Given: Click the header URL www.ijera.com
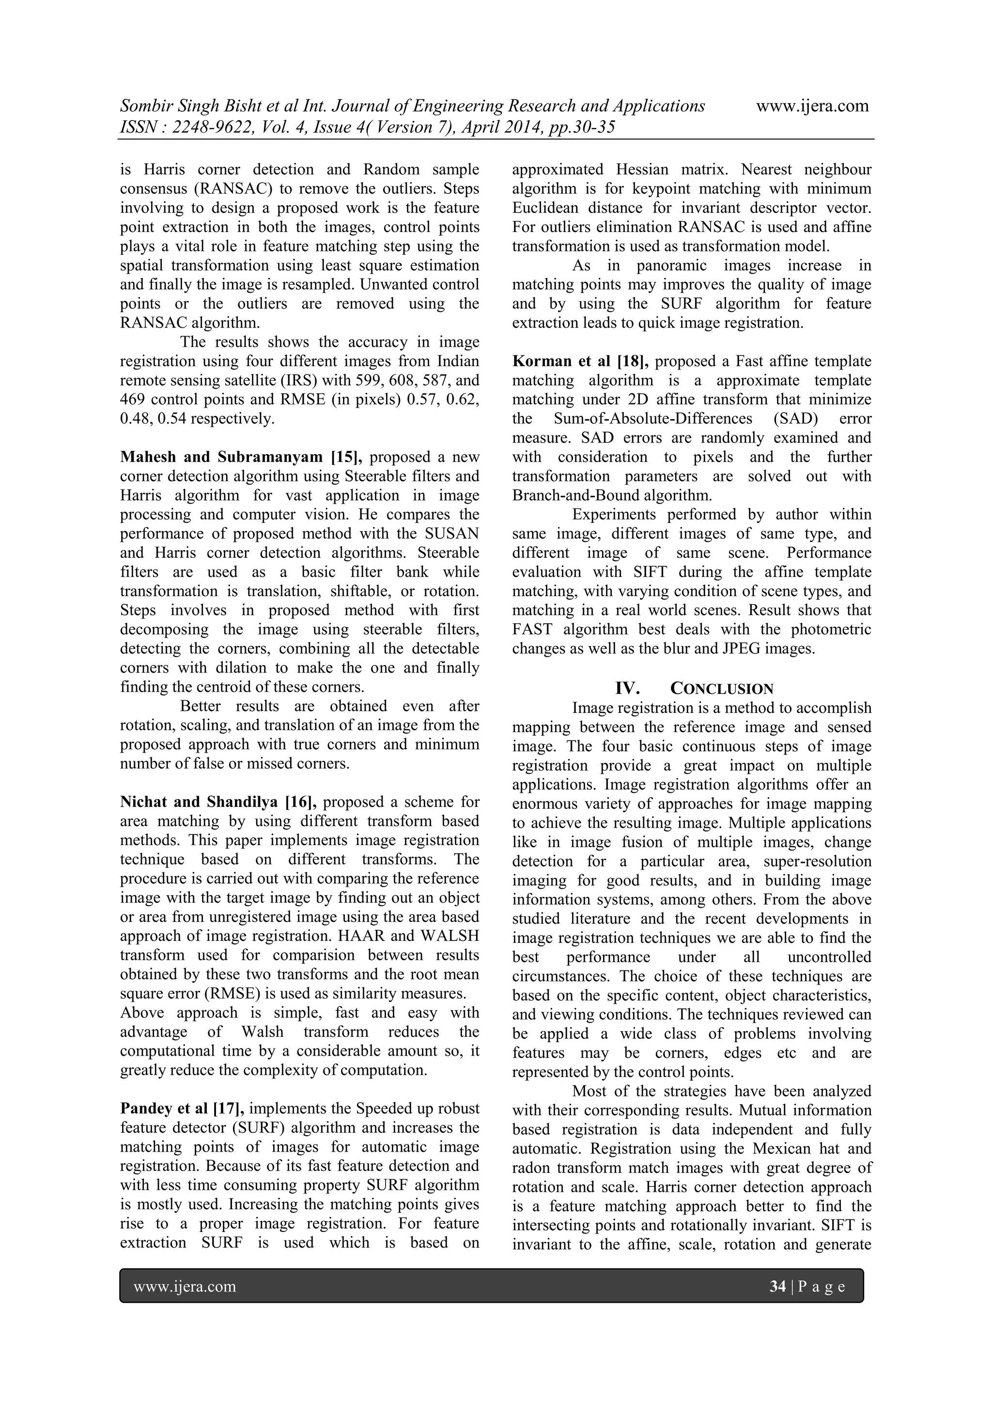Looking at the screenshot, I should tap(812, 107).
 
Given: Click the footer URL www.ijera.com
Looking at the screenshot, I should tap(185, 1286).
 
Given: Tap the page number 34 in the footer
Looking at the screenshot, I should tap(777, 1286).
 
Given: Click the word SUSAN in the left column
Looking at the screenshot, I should tap(452, 534).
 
